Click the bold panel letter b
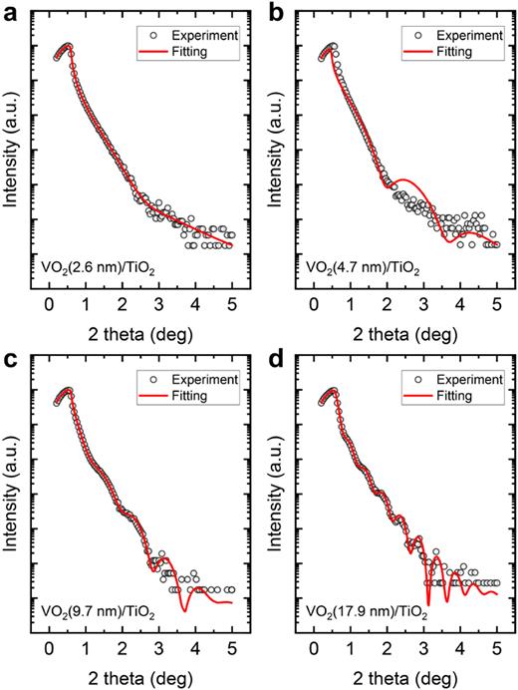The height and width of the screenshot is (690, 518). click(x=273, y=11)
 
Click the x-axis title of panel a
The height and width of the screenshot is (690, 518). click(x=141, y=329)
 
